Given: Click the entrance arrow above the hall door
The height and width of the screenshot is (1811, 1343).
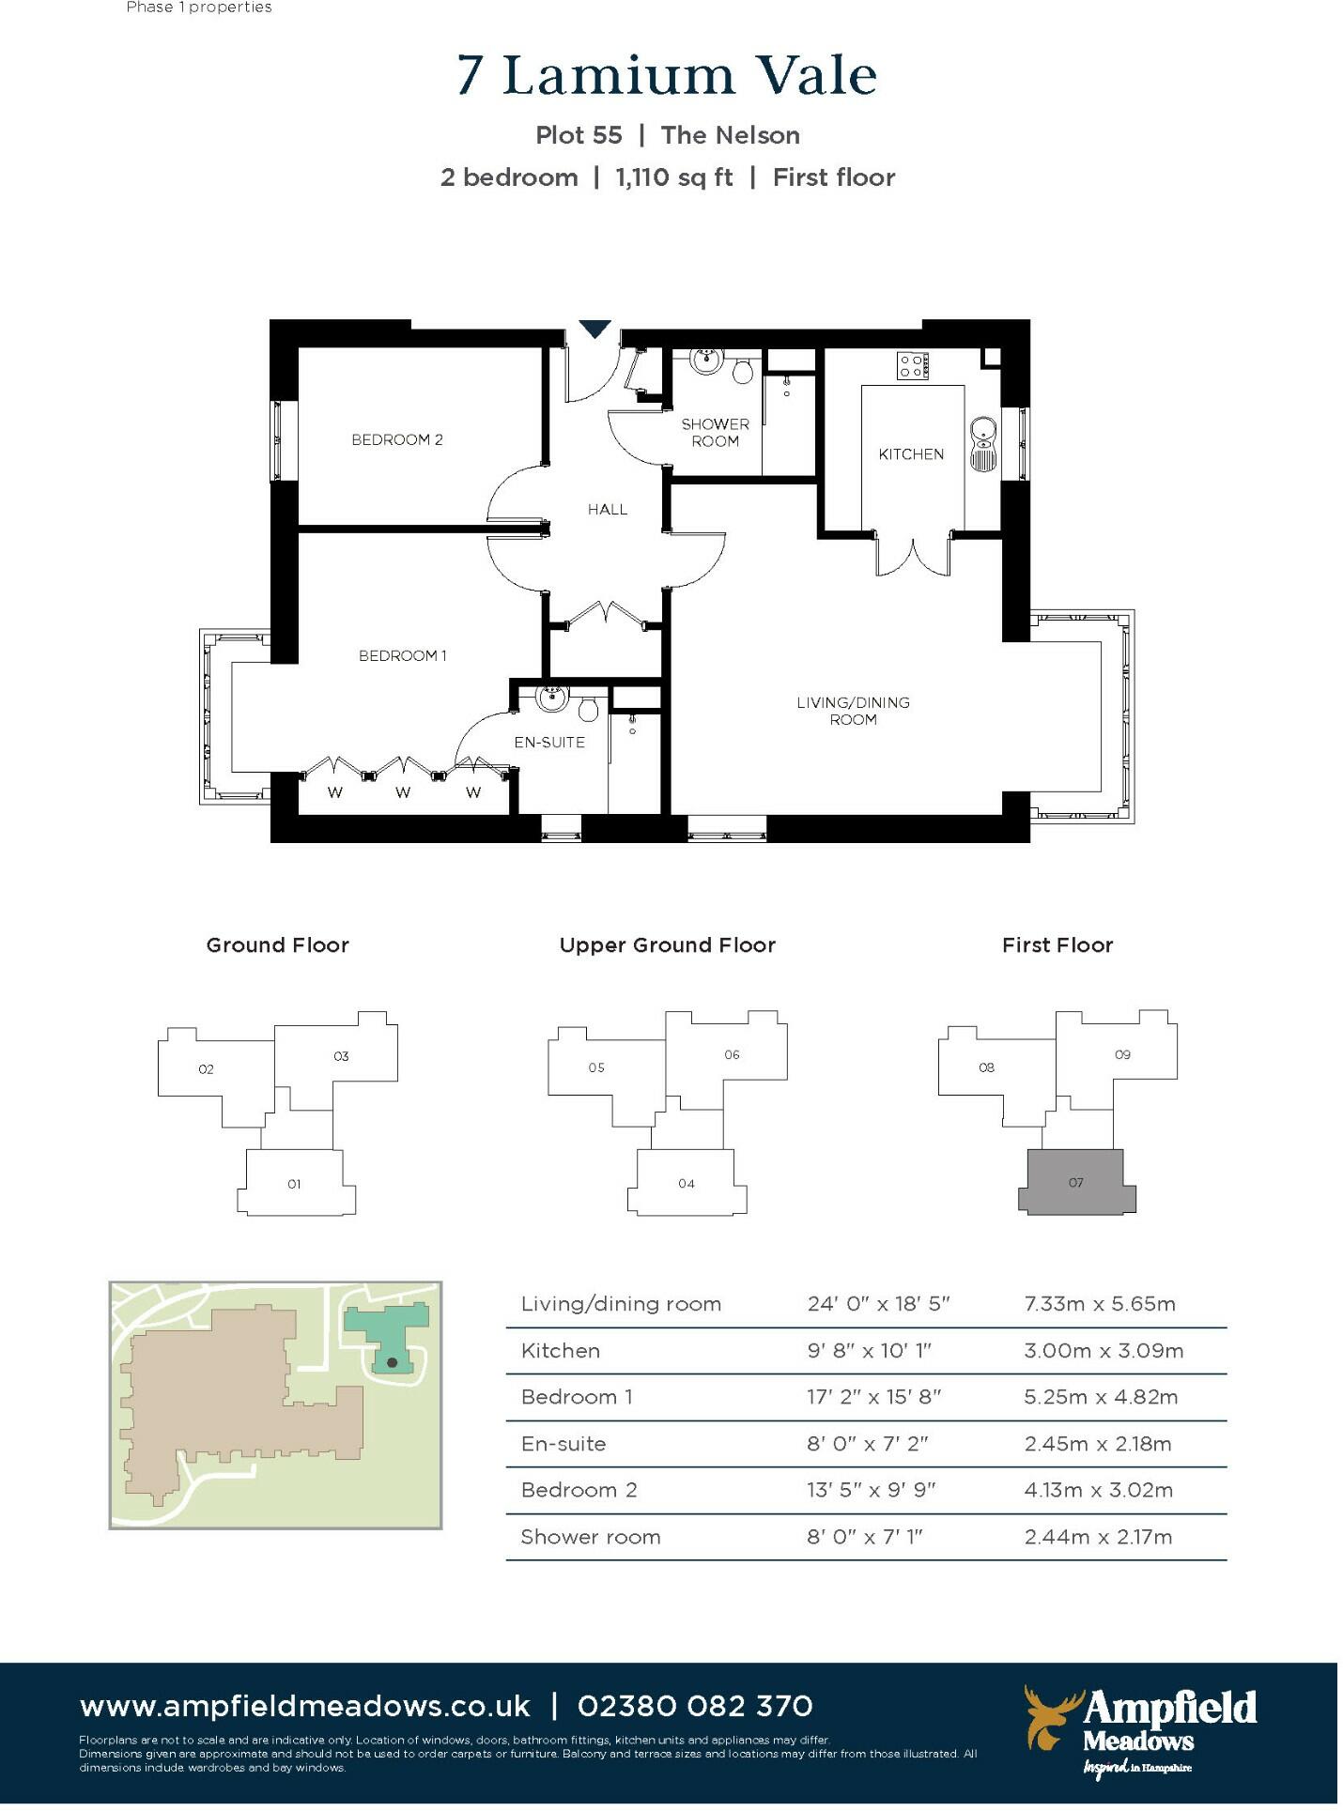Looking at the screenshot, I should click(594, 329).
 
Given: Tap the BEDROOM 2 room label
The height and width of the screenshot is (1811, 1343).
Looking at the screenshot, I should click(396, 439).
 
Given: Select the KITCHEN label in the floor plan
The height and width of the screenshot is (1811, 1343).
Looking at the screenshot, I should click(911, 454).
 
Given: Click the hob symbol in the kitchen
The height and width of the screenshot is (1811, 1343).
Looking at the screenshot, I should click(912, 365).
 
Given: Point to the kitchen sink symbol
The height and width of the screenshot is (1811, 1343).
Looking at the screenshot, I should click(982, 444).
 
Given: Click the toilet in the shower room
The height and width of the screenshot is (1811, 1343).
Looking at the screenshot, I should click(742, 371).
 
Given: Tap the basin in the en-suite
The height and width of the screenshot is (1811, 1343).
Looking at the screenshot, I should click(552, 698).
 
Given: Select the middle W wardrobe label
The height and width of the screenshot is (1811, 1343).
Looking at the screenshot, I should click(403, 793).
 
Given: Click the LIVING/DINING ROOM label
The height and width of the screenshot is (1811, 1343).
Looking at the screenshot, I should click(853, 711).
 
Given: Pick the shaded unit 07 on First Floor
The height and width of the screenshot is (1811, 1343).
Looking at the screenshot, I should click(1076, 1182).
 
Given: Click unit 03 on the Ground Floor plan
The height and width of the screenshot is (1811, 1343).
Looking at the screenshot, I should click(341, 1056).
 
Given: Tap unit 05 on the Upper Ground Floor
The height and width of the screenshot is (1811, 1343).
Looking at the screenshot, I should click(596, 1067).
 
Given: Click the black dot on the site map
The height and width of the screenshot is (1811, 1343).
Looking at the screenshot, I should click(392, 1362).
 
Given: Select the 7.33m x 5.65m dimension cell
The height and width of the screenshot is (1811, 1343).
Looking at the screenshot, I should click(1100, 1304).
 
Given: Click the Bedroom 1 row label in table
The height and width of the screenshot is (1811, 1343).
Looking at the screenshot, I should click(577, 1397).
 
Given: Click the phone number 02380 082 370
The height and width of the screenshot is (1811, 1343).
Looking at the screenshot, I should click(695, 1706).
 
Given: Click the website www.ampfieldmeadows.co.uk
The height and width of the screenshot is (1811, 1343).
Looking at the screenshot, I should click(305, 1706).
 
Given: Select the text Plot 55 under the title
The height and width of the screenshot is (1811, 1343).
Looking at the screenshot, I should click(579, 135).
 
